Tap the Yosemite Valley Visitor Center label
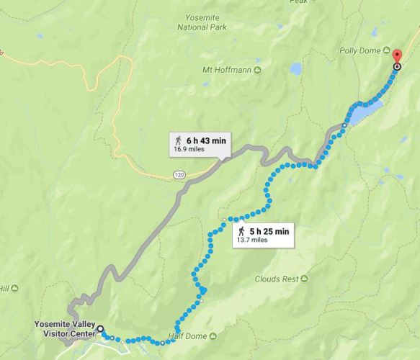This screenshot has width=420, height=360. pos(64,328)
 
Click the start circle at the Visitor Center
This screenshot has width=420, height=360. pos(100,329)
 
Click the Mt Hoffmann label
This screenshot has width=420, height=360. pos(226,70)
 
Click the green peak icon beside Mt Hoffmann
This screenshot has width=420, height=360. pos(257,70)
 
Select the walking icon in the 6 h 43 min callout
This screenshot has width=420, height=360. pos(177,140)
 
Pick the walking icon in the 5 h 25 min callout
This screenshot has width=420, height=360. pos(242,231)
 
